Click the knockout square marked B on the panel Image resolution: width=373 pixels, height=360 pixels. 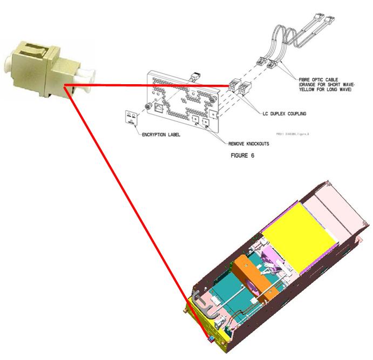click(x=206, y=122)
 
